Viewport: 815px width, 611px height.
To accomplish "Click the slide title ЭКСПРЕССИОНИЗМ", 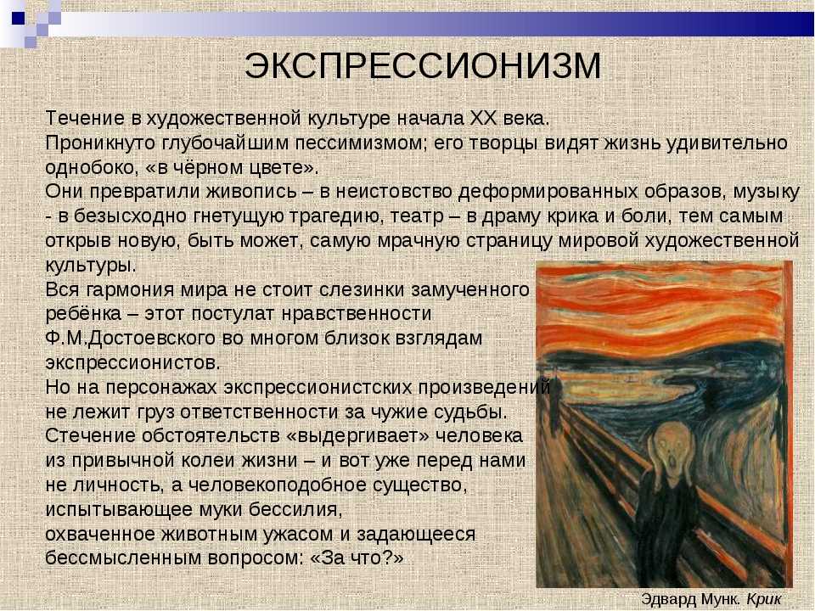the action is [423, 66].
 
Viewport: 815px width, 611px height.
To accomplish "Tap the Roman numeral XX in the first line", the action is [483, 119].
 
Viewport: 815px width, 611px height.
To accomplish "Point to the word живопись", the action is [251, 192].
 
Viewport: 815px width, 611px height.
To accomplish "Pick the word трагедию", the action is [336, 216].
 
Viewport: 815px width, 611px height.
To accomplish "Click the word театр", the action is [417, 216].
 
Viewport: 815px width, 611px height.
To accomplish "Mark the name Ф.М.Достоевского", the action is [131, 339].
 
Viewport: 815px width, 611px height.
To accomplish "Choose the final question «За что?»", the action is [357, 558].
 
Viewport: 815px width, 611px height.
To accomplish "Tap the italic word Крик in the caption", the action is [764, 599].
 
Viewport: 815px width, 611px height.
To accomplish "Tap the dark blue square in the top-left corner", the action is [18, 18].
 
